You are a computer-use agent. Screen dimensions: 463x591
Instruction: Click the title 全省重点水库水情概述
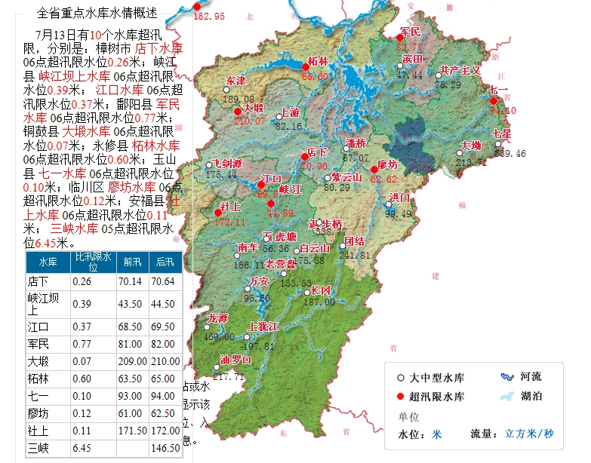pos(97,13)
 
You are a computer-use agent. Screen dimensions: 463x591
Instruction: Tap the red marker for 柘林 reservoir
pos(306,66)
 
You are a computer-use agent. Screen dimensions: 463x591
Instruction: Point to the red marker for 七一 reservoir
pos(494,101)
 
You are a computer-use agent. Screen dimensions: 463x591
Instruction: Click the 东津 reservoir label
pos(236,81)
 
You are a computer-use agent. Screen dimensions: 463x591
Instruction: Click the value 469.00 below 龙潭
pos(219,337)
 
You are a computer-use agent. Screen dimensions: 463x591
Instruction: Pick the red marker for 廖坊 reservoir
pos(374,170)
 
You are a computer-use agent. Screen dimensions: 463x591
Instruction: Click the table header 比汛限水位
pos(92,262)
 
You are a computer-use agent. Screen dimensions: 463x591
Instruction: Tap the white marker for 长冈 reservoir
pos(305,290)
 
